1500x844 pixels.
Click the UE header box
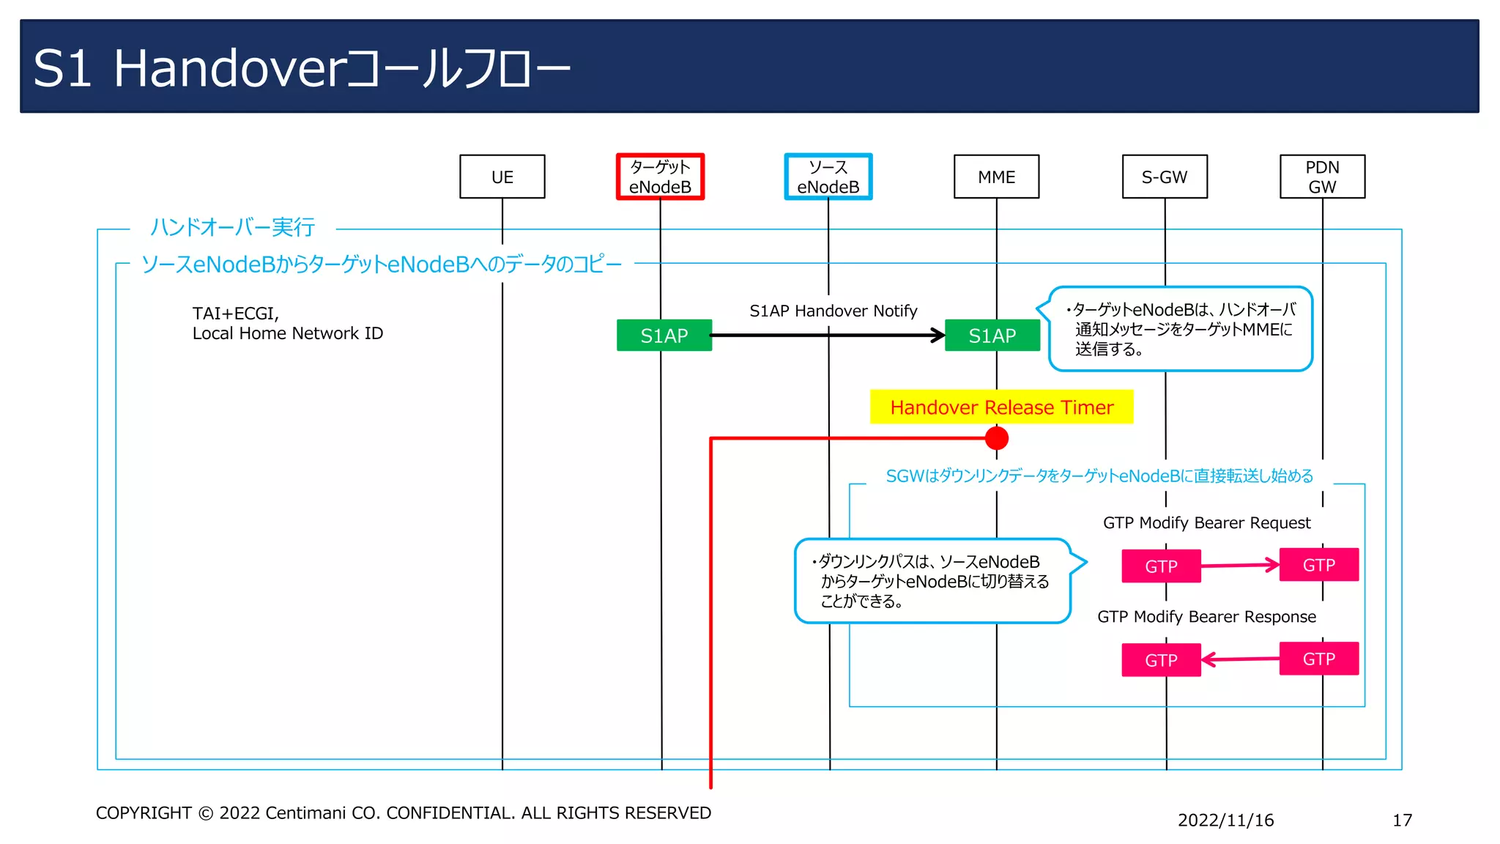[502, 177]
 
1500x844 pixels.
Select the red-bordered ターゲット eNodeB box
[660, 177]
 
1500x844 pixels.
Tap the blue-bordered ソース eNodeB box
[828, 177]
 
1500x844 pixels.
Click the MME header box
[996, 177]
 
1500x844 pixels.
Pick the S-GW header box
[1165, 177]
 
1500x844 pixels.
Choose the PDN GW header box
[1322, 177]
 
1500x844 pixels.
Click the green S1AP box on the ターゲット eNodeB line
[664, 336]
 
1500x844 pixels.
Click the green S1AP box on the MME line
[992, 336]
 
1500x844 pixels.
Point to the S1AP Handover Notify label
[833, 311]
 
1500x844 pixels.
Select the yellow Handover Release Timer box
[1001, 407]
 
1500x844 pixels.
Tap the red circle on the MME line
[997, 438]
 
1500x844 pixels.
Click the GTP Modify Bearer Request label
[1206, 522]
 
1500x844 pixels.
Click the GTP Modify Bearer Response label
[1206, 616]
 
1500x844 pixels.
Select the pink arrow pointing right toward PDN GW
[1240, 565]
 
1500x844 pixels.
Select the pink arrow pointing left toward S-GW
[1240, 659]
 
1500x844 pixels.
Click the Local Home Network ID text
[287, 333]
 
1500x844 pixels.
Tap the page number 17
[1402, 820]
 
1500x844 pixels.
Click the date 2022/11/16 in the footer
[1225, 820]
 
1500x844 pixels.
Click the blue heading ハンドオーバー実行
[232, 227]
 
